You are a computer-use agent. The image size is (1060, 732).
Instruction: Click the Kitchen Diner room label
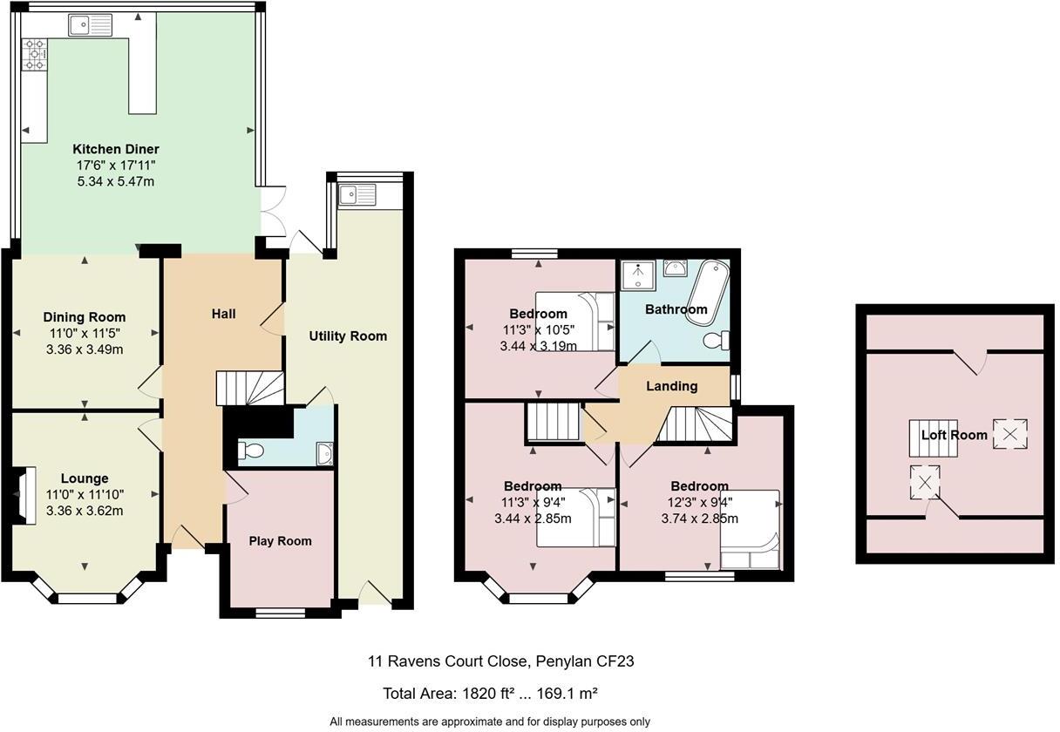coord(115,149)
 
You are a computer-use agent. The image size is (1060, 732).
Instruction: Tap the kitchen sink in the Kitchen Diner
coord(90,25)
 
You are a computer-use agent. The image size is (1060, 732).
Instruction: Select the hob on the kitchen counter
coord(36,55)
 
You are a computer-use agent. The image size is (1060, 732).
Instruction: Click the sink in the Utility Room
coord(358,193)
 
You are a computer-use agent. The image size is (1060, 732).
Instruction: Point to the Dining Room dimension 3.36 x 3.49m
coord(85,350)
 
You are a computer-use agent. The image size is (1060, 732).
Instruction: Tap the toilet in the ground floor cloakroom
coord(250,451)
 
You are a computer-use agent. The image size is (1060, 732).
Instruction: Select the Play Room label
coord(280,541)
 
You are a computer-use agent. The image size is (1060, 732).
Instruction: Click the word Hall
coord(223,314)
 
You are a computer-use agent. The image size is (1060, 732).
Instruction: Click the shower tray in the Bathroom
coord(637,275)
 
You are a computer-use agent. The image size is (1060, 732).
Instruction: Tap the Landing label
coord(672,386)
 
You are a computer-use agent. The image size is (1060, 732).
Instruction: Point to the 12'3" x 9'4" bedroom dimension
coord(699,502)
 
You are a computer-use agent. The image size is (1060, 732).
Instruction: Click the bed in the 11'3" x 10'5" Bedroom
coord(575,322)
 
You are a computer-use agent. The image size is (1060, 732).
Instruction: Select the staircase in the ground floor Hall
coord(249,388)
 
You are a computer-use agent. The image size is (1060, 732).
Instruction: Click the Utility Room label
coord(348,336)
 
